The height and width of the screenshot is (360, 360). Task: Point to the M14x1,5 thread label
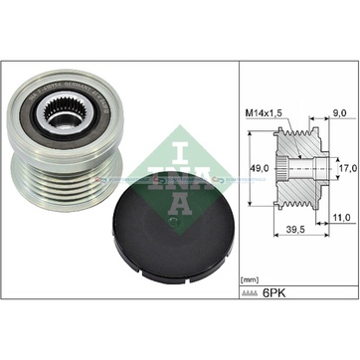click(x=264, y=113)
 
